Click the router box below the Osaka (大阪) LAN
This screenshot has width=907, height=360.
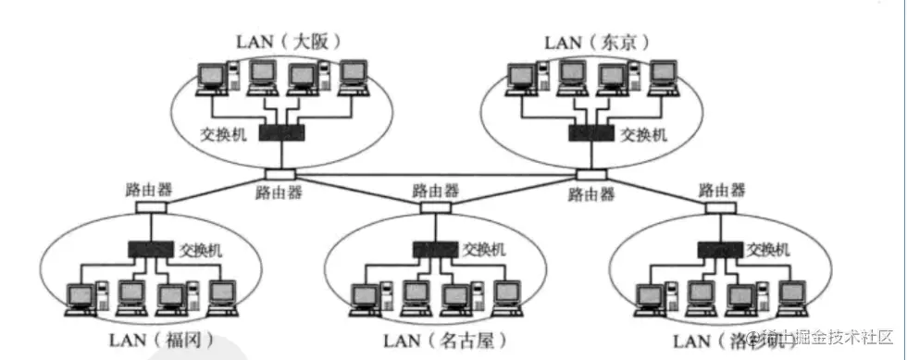pos(279,174)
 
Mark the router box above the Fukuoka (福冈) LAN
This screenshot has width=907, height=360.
pos(149,207)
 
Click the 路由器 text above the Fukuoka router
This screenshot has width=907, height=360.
pos(148,190)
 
